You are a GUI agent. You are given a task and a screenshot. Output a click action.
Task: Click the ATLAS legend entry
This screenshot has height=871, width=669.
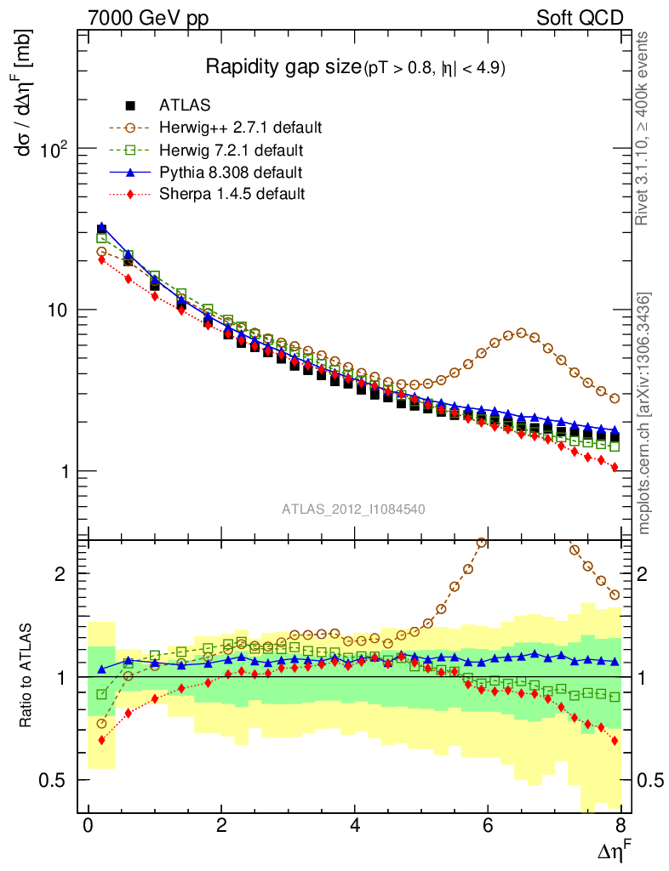(x=183, y=105)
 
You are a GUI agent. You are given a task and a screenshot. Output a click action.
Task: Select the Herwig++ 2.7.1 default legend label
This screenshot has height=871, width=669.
(x=240, y=128)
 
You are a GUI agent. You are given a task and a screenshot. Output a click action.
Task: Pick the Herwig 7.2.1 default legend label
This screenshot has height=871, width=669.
(x=231, y=151)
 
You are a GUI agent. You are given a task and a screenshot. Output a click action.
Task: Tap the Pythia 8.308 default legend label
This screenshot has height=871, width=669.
(x=230, y=173)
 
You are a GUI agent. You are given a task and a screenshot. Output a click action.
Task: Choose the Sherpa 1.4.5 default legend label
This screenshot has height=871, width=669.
(x=232, y=194)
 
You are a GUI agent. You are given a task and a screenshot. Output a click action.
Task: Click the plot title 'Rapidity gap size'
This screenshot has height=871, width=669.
(x=283, y=67)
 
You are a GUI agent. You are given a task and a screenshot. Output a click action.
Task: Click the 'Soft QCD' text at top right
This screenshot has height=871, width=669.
(x=580, y=18)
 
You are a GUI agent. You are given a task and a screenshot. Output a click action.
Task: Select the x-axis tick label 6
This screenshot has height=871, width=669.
(x=488, y=826)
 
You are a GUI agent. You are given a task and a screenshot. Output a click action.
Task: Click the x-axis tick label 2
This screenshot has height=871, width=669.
(x=221, y=826)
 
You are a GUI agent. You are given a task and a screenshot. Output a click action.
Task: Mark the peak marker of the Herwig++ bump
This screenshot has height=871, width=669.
(x=522, y=333)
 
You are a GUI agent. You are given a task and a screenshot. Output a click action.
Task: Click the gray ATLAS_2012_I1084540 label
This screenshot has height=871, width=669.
(x=353, y=509)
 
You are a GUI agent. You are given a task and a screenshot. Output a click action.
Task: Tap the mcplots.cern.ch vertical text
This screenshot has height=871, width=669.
(x=644, y=413)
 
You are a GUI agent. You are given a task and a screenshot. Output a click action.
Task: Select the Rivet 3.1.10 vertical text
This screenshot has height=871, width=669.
(x=644, y=128)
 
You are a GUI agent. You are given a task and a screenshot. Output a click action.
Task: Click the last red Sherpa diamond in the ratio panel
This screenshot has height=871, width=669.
(x=615, y=741)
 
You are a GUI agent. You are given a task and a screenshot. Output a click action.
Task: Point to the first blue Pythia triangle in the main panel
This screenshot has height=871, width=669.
(x=102, y=227)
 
